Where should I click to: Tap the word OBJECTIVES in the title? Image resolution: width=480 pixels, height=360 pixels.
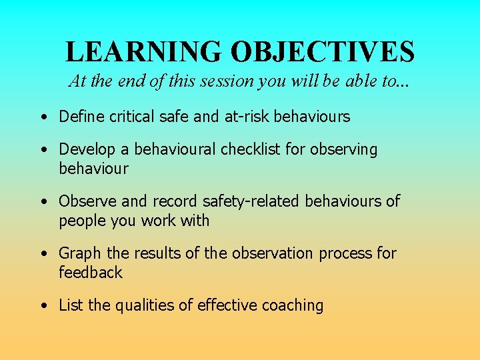click(x=323, y=51)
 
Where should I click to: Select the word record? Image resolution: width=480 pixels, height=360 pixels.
click(x=174, y=201)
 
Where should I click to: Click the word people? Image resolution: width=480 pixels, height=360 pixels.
click(x=81, y=221)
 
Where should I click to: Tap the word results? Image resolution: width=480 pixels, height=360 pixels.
click(x=158, y=253)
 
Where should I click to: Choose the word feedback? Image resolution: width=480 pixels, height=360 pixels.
click(x=91, y=272)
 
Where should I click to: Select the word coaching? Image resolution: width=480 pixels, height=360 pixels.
click(x=292, y=306)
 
